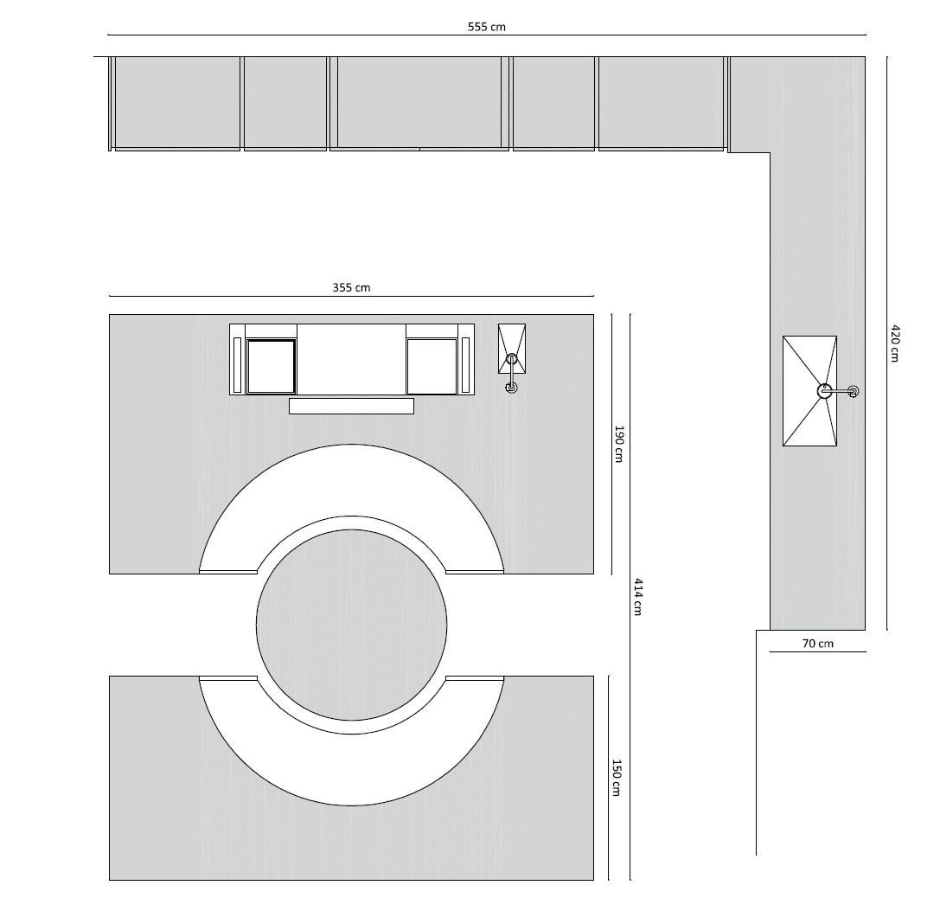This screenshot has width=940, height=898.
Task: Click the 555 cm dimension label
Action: (487, 27)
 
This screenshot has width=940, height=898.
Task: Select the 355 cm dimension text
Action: (351, 287)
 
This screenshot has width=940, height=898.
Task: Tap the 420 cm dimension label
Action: (896, 343)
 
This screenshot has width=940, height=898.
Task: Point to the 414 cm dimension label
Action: (638, 596)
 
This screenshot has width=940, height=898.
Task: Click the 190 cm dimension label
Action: (618, 443)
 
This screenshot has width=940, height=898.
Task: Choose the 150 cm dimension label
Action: (617, 778)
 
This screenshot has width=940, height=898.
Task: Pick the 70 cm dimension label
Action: (817, 643)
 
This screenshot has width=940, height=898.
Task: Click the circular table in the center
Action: (351, 623)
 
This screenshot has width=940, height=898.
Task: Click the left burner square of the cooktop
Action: (272, 366)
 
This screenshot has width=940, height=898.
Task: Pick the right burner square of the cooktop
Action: (432, 366)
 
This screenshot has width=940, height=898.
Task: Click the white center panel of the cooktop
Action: (351, 359)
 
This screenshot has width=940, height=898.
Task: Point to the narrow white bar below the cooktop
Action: (351, 406)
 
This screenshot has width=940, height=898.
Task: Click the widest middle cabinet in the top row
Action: (419, 102)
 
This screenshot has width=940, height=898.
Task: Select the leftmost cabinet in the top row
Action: (177, 102)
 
